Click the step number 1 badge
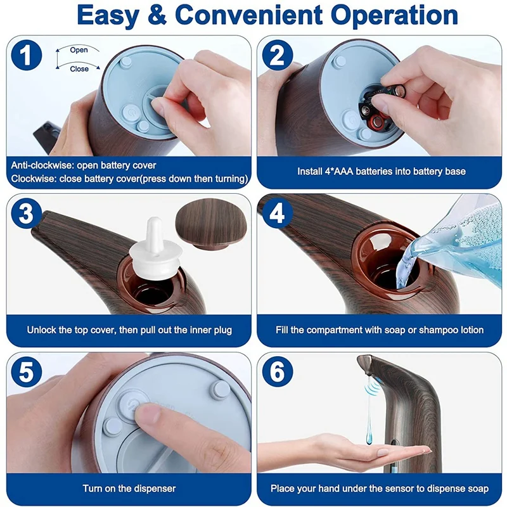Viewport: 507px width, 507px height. (27, 55)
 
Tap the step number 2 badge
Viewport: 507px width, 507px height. (278, 55)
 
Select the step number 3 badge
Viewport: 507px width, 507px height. (27, 214)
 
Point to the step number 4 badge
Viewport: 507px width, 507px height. (278, 214)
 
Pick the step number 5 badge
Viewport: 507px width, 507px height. (27, 372)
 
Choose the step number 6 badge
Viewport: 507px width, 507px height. (278, 372)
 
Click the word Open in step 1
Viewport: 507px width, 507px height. (79, 50)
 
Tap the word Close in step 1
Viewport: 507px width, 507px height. (79, 69)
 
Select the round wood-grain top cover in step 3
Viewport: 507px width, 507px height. (207, 224)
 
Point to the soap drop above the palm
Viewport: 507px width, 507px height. (369, 435)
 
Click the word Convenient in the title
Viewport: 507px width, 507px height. (248, 15)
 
